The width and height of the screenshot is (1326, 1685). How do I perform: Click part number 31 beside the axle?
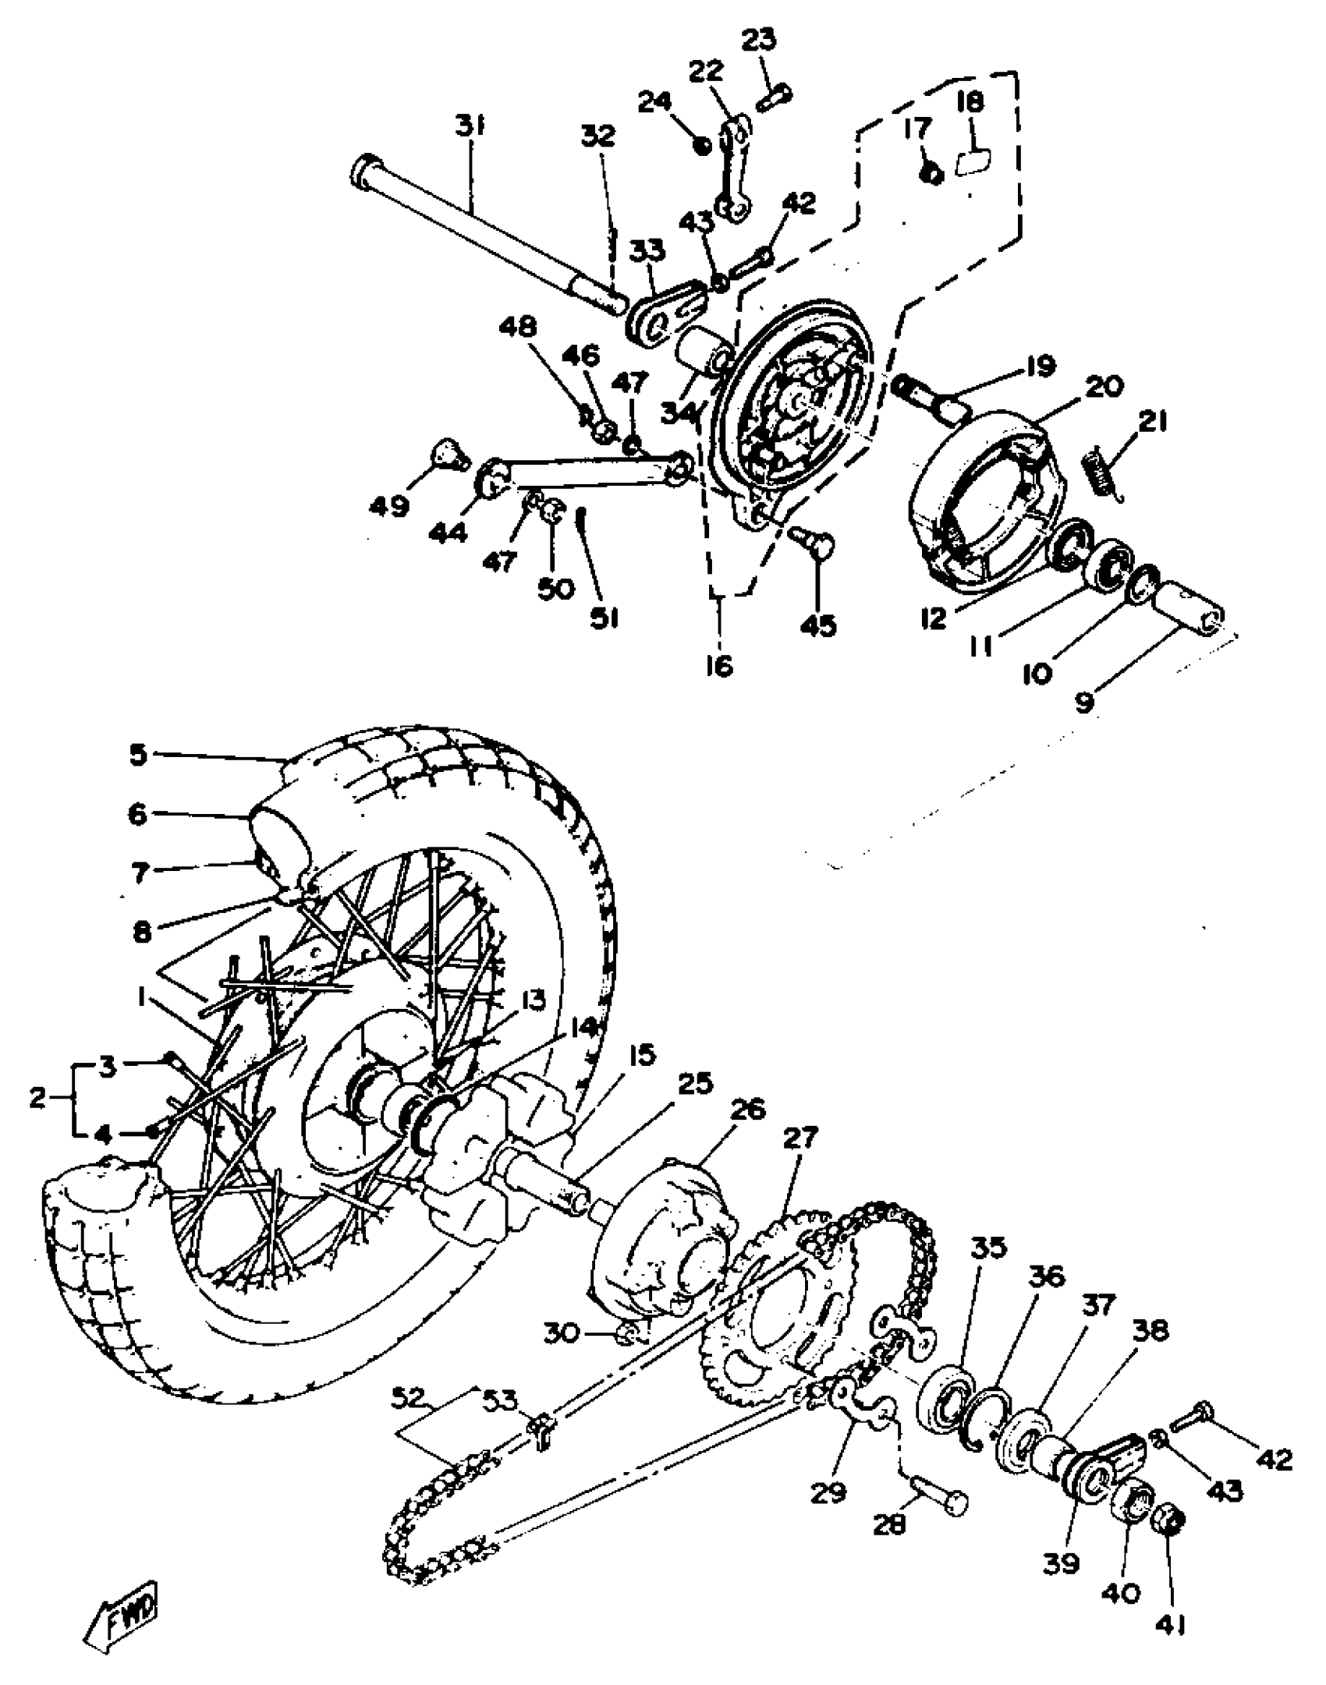pos(470,126)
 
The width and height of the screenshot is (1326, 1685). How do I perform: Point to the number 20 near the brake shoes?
pos(1104,386)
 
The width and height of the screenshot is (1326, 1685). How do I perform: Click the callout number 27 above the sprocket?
pos(801,1138)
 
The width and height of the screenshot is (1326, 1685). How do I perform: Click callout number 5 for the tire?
pos(138,755)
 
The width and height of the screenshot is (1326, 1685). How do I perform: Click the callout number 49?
pos(389,507)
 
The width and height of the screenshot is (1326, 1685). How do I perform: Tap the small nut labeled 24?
pos(701,144)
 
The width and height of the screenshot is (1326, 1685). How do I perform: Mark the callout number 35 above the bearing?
pos(989,1248)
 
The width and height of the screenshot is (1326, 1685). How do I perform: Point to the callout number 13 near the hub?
pos(534,1000)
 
